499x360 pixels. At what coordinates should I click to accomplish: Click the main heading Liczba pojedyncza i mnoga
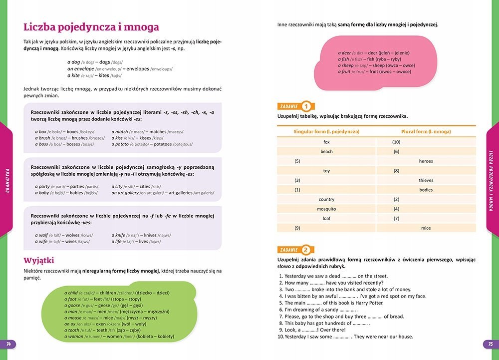coord(91,27)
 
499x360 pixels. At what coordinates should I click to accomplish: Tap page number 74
coord(8,344)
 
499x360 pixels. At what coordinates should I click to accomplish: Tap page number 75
coord(490,344)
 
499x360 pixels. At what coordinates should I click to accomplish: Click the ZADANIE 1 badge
coord(295,106)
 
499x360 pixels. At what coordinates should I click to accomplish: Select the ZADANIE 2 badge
coord(295,250)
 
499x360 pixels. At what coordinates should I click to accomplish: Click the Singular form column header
coord(326,132)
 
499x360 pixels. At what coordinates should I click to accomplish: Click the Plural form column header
coord(426,132)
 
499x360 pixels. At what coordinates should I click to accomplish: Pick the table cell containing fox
coord(326,142)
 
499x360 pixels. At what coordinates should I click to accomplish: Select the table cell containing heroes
coord(426,161)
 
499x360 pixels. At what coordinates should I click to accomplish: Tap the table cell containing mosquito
coord(326,209)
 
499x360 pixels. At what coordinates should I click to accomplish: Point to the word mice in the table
coord(426,228)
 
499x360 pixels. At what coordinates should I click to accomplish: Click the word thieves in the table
coord(426,180)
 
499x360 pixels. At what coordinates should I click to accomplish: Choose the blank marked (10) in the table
coord(397,142)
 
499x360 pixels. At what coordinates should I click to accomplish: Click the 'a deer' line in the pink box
coord(371,52)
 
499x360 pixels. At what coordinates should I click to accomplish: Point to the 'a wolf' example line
coord(67,235)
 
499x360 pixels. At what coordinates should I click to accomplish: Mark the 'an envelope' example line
coord(123,69)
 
